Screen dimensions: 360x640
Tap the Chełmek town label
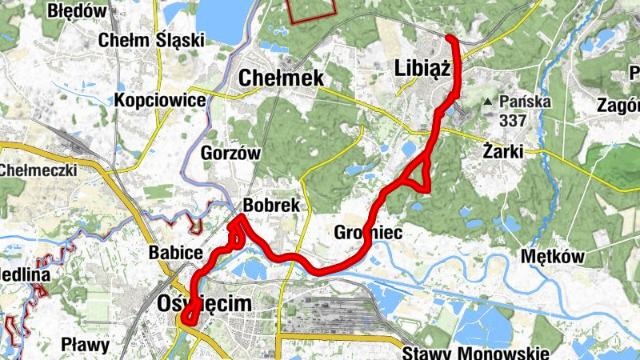click(282, 78)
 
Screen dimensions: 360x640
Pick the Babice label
click(175, 254)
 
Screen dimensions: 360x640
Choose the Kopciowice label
click(160, 100)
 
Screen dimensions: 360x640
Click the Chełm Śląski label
click(151, 40)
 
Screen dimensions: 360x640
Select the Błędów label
click(78, 11)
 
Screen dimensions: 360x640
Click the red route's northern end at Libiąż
click(450, 38)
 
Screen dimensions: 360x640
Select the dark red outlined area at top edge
click(310, 10)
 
